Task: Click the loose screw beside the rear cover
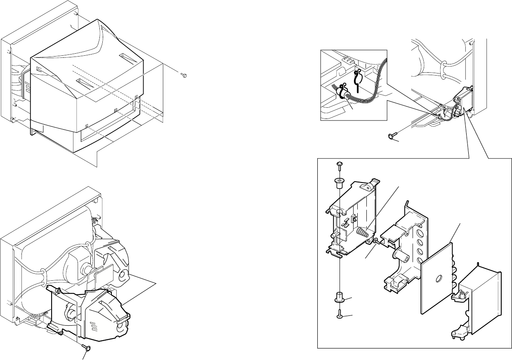click(x=184, y=75)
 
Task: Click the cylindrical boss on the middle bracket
click(x=403, y=257)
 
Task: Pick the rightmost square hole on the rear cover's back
click(x=137, y=97)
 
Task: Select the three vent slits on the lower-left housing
click(x=94, y=328)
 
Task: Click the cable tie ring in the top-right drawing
click(x=444, y=65)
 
